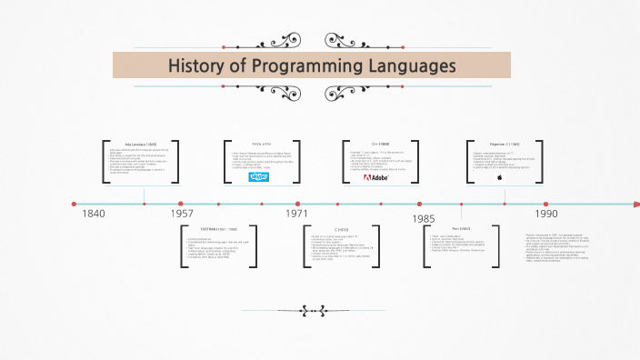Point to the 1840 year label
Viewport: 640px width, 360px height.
(x=94, y=214)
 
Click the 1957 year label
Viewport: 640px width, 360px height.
(x=183, y=214)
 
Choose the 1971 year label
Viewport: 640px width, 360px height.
(x=297, y=214)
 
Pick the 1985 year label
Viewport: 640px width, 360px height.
(x=423, y=219)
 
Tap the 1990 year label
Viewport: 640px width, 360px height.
(x=545, y=214)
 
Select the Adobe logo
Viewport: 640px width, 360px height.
(x=375, y=177)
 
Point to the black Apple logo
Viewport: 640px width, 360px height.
(x=499, y=178)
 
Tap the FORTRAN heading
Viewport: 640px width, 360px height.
(x=218, y=230)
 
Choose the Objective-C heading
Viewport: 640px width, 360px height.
(x=499, y=144)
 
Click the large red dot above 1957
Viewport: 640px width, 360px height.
(x=181, y=204)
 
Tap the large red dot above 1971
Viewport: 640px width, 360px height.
(x=298, y=204)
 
